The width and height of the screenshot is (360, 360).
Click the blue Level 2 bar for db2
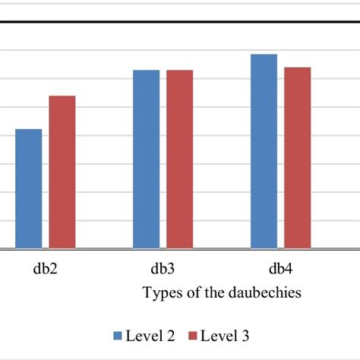tap(29, 189)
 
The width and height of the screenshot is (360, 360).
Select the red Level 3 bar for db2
tap(62, 172)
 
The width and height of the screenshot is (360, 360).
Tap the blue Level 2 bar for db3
tap(147, 159)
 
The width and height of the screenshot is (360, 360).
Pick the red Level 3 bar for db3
tap(180, 159)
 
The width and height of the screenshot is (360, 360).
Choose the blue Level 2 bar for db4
tap(264, 151)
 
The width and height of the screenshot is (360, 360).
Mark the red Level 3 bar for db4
tap(298, 158)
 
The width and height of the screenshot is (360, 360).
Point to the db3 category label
tap(163, 268)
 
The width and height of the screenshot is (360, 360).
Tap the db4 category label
tap(281, 268)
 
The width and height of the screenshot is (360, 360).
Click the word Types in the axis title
tap(160, 293)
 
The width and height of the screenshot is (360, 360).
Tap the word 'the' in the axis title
tap(213, 293)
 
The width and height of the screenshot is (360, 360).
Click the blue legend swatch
tap(118, 335)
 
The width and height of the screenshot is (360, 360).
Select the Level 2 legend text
tap(152, 335)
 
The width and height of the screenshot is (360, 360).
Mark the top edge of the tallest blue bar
tap(264, 55)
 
